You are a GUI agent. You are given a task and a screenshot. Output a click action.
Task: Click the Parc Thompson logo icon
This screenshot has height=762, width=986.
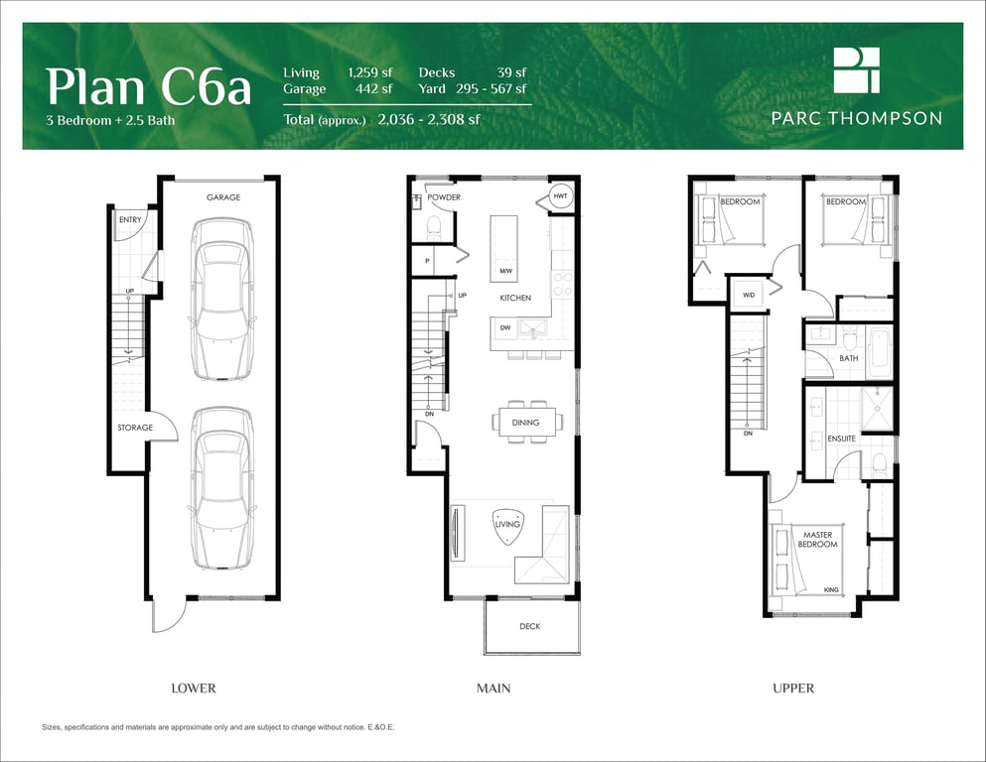[857, 70]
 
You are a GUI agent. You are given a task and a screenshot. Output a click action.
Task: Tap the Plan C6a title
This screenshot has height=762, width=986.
[148, 86]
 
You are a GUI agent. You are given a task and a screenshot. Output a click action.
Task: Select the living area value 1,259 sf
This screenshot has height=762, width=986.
[370, 72]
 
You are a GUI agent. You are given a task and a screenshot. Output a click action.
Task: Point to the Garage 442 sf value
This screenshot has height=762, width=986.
[373, 88]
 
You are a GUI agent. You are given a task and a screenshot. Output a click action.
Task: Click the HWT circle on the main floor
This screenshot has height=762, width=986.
[560, 196]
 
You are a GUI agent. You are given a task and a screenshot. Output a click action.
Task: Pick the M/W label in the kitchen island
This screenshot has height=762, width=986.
[505, 272]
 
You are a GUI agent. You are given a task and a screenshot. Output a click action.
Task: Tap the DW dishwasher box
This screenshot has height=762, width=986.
[505, 327]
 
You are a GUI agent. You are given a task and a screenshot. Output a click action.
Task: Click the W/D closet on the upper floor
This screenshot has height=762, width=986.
[749, 294]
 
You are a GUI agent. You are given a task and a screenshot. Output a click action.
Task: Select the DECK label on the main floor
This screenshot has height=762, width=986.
[529, 626]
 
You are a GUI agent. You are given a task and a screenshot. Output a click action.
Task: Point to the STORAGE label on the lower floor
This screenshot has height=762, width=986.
[135, 428]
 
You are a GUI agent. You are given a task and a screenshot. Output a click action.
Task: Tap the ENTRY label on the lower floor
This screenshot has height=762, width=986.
[130, 220]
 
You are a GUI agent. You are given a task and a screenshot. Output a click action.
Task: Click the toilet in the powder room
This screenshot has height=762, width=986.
[434, 227]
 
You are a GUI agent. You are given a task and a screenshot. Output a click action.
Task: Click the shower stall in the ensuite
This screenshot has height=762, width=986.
[877, 409]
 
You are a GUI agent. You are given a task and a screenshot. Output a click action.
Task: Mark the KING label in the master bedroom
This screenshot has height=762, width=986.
[831, 590]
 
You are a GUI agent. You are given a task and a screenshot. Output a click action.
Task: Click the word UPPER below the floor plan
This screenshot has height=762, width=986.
[793, 689]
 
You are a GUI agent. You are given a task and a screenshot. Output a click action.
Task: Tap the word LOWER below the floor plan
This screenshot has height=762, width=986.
[194, 689]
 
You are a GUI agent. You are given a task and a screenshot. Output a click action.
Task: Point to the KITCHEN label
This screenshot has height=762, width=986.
[515, 298]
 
